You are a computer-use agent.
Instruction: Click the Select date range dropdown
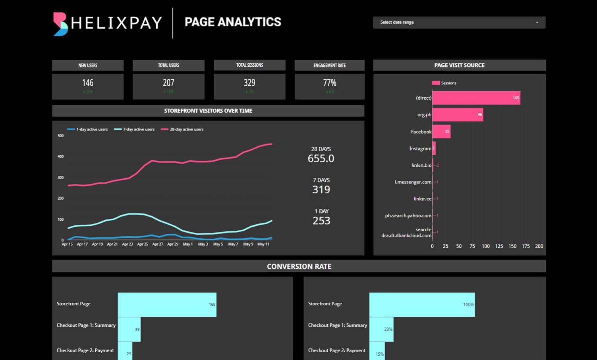click(459, 22)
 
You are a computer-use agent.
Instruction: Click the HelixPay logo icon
click(60, 24)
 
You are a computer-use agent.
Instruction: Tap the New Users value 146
click(88, 83)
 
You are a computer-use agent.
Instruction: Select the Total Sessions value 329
click(249, 83)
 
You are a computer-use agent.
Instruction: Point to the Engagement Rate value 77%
click(330, 83)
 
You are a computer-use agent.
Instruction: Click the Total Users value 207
click(168, 83)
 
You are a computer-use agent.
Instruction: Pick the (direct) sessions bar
click(476, 98)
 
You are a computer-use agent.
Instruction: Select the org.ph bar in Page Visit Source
click(458, 115)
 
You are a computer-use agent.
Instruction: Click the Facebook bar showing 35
click(441, 131)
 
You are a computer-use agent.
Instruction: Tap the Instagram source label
click(420, 148)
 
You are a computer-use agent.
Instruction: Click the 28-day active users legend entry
click(182, 129)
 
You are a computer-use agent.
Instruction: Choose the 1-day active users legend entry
click(88, 129)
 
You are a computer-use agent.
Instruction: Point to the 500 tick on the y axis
click(60, 136)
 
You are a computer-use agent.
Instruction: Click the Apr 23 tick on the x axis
click(128, 244)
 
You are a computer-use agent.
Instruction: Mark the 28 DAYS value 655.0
click(321, 158)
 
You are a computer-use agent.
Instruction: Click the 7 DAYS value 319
click(321, 189)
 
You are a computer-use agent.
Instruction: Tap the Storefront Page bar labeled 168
click(167, 304)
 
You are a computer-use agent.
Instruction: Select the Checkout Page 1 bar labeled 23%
click(381, 329)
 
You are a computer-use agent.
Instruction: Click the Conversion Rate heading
click(299, 266)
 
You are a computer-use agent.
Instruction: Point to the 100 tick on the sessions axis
click(485, 246)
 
